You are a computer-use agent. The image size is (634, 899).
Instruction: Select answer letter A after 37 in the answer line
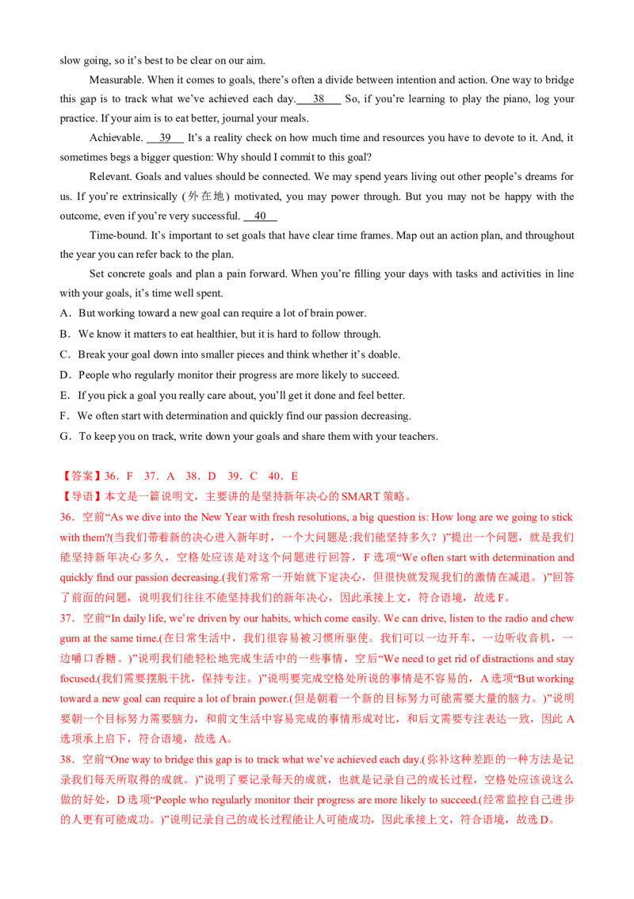point(170,476)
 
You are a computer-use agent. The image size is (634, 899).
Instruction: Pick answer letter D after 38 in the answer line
point(212,476)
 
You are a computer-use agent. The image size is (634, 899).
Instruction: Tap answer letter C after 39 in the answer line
point(254,476)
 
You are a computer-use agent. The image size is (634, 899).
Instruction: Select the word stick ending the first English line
point(565,518)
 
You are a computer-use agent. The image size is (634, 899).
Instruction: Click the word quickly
point(74,578)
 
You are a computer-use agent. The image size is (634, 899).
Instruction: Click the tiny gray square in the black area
point(225,295)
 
